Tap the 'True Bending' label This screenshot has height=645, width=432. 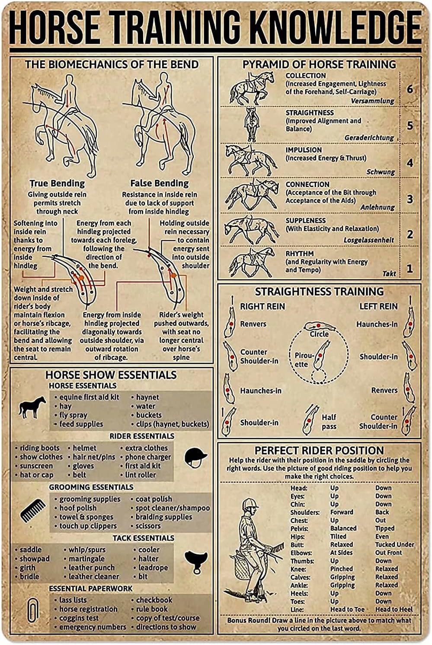click(57, 183)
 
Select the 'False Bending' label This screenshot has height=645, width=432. click(159, 183)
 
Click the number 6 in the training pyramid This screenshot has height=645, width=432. click(410, 89)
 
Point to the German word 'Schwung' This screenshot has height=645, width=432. click(381, 172)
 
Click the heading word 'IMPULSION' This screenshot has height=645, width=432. click(304, 150)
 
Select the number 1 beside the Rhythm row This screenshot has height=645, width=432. click(410, 269)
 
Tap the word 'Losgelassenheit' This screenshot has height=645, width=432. click(368, 240)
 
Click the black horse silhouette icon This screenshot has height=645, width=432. click(32, 407)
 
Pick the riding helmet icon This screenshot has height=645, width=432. click(195, 457)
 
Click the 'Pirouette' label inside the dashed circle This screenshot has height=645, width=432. click(304, 359)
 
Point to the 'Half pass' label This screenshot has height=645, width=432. click(329, 422)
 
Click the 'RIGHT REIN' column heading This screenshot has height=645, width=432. click(262, 306)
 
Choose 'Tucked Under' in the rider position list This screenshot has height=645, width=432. click(394, 544)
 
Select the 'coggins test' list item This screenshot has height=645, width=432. click(79, 618)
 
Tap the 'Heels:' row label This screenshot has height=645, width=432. click(299, 593)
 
